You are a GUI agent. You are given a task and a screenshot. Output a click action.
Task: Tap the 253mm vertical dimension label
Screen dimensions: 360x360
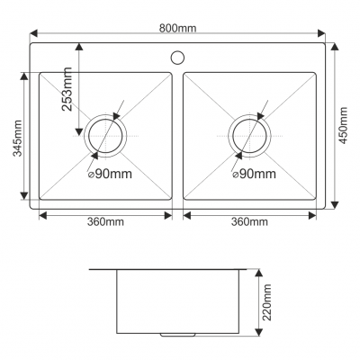click(67, 88)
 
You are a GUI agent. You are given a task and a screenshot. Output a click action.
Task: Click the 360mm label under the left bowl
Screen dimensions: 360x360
click(105, 222)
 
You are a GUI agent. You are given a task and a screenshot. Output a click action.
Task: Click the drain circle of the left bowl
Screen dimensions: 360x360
click(106, 135)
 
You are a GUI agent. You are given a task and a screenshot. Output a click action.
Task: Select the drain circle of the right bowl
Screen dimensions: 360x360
click(249, 135)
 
